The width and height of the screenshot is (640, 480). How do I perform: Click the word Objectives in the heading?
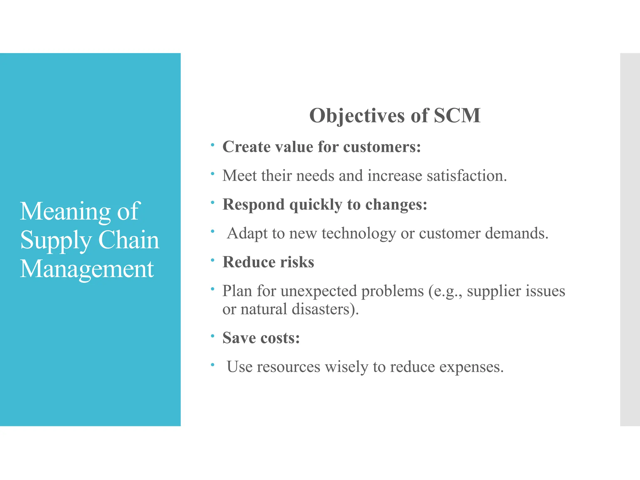357,116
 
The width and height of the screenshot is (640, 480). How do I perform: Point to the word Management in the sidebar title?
87,269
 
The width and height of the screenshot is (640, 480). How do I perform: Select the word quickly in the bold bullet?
316,205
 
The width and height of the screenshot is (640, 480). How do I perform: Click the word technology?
359,233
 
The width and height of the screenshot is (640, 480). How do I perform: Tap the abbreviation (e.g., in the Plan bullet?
445,291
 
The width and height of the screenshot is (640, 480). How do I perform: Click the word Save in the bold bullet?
239,338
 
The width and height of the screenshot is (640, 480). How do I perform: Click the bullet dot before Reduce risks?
212,260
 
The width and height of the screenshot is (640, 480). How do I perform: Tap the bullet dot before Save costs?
212,336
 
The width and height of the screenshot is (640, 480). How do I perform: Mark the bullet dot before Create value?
212,145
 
